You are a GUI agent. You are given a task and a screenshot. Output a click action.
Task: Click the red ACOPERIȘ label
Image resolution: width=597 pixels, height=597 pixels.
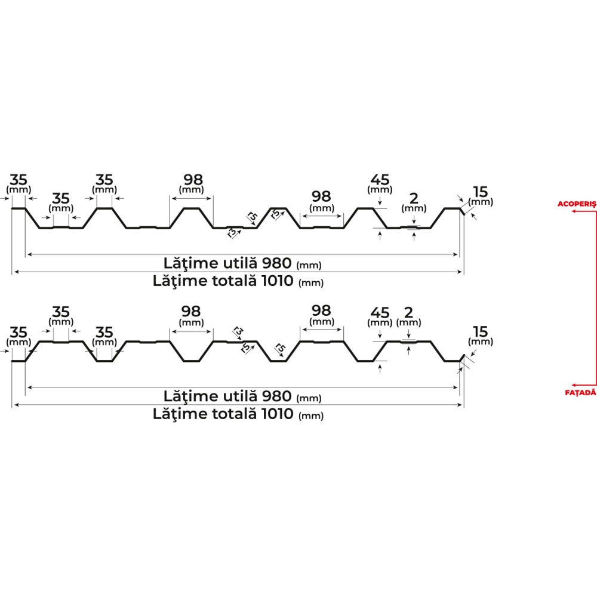(x=577, y=204)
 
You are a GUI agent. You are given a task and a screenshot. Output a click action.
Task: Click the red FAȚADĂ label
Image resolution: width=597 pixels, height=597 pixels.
(x=580, y=393)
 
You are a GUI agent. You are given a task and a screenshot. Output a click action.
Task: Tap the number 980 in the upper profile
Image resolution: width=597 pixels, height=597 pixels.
(x=277, y=263)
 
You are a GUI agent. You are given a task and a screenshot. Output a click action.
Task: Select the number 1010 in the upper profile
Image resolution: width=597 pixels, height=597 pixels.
(x=278, y=281)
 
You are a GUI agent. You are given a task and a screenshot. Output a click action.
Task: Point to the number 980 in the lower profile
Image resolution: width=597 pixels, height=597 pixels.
(x=277, y=396)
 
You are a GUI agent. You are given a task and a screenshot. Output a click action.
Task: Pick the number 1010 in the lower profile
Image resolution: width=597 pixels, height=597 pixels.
(x=278, y=414)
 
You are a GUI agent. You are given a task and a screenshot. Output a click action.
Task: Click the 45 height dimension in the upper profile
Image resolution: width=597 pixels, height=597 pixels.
(x=380, y=180)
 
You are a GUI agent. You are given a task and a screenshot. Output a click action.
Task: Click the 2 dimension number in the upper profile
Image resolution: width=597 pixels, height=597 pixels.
(x=414, y=198)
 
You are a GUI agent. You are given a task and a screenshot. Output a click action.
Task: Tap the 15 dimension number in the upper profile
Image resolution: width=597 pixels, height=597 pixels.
(x=481, y=192)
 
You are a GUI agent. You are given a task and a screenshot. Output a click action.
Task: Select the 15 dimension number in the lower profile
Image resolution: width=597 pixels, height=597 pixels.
(x=481, y=331)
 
